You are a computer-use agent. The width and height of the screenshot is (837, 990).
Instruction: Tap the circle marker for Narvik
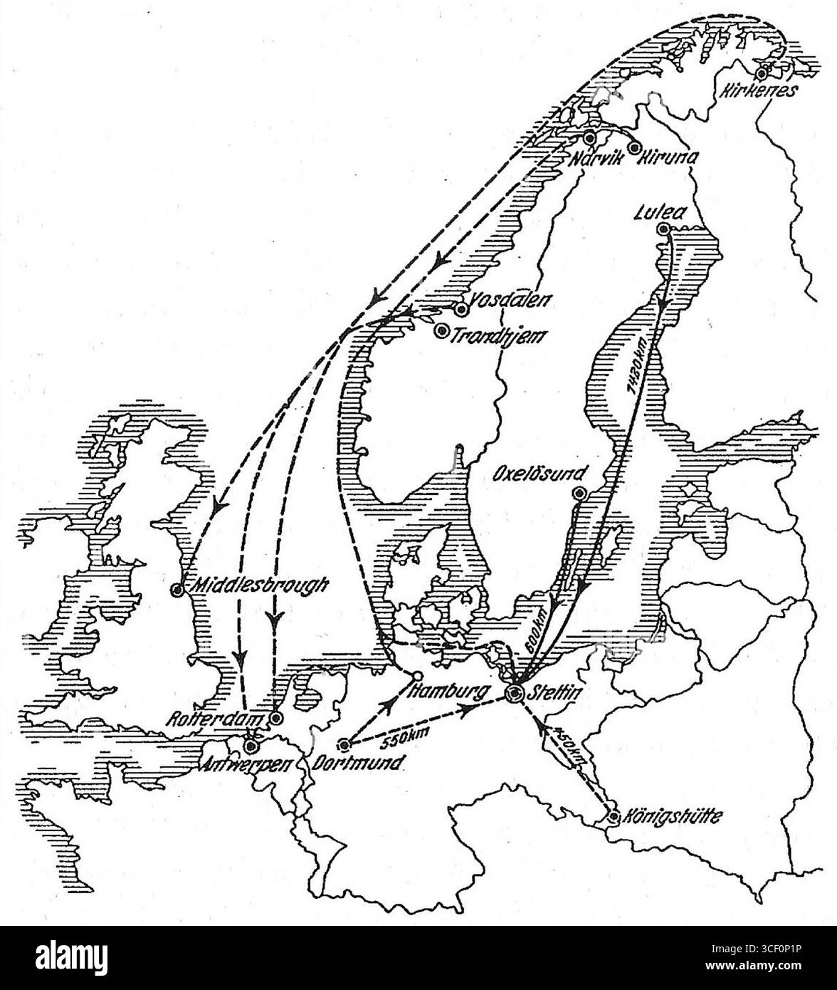coord(589,137)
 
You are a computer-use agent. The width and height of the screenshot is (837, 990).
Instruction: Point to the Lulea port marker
coord(663,229)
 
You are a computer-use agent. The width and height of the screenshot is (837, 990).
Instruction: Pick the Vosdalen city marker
coord(461,308)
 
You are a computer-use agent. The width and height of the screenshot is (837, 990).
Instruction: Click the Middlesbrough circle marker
coord(177,589)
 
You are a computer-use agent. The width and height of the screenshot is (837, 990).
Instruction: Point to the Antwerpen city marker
coord(249,746)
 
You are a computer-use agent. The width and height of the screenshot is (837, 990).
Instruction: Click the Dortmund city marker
coord(344,745)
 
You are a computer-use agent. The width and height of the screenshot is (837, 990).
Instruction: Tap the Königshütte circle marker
coord(614,816)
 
